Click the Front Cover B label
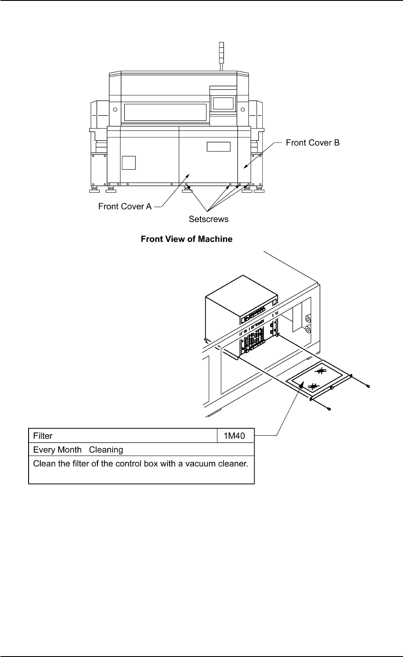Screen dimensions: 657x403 tap(313, 143)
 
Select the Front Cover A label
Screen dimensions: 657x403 tap(125, 206)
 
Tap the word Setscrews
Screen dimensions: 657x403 tap(208, 219)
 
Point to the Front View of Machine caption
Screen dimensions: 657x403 tap(187, 239)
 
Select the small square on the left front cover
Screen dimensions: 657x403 tap(129, 162)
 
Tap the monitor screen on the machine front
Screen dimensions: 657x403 tap(223, 103)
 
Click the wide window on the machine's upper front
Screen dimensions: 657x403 tap(165, 112)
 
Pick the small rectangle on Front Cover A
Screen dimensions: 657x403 tap(218, 146)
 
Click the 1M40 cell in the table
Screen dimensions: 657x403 tap(234, 436)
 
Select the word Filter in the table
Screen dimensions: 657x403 tap(43, 436)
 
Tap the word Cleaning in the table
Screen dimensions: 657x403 tap(106, 450)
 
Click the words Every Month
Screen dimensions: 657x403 tap(57, 450)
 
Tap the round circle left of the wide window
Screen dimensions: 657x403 tap(115, 109)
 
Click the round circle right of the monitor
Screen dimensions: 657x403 tap(243, 109)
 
